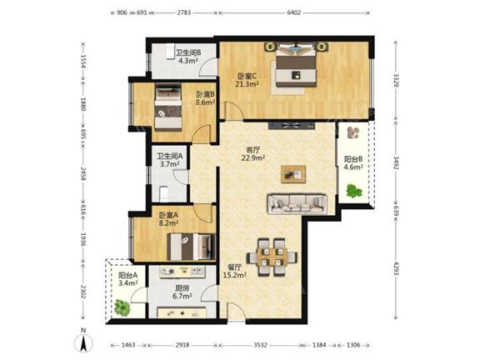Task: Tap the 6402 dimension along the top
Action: [x=294, y=12]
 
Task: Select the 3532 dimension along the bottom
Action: [x=260, y=345]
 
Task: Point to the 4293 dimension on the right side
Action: [x=396, y=268]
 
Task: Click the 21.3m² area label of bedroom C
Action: [x=247, y=84]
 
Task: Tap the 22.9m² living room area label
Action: [x=253, y=157]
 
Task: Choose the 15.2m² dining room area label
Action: [x=235, y=275]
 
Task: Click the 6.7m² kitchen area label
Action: [x=182, y=296]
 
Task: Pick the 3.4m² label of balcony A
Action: [x=128, y=282]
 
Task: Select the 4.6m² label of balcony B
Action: [x=353, y=167]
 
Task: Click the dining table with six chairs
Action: [x=272, y=257]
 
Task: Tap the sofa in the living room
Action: [x=297, y=203]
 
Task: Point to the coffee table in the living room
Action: [x=293, y=174]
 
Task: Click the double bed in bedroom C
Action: [x=296, y=65]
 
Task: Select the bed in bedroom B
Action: [x=168, y=107]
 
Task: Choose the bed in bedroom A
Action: [x=191, y=247]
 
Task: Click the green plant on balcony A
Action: [x=122, y=307]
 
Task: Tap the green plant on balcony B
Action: [x=354, y=191]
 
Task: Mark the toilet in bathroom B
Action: [x=170, y=51]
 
